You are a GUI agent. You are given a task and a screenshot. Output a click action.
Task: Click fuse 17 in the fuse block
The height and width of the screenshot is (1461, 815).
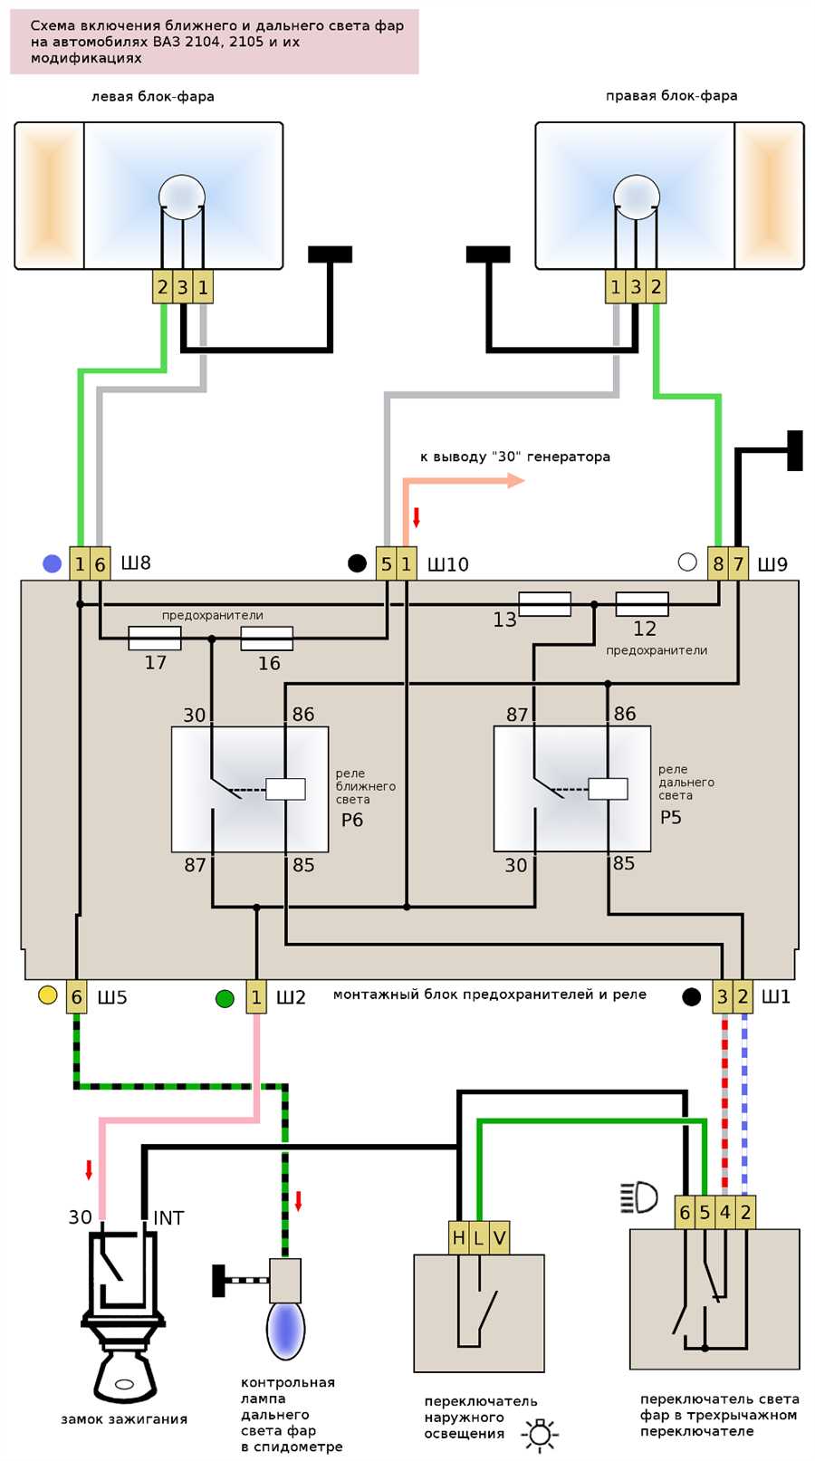pyautogui.click(x=155, y=639)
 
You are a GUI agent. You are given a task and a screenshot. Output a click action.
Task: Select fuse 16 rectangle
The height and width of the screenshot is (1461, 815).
pyautogui.click(x=266, y=639)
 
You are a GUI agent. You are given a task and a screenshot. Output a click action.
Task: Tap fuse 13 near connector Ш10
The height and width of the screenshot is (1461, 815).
pyautogui.click(x=544, y=604)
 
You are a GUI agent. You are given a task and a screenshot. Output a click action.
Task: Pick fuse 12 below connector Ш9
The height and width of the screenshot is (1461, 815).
pyautogui.click(x=642, y=604)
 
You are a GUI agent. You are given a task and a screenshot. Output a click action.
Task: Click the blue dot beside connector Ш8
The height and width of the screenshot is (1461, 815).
pyautogui.click(x=53, y=563)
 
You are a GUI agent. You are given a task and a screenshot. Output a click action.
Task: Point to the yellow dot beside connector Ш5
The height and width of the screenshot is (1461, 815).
pyautogui.click(x=48, y=995)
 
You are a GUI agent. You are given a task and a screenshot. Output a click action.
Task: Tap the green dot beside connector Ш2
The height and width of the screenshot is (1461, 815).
pyautogui.click(x=225, y=998)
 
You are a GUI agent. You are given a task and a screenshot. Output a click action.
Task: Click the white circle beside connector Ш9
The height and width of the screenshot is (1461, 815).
pyautogui.click(x=687, y=562)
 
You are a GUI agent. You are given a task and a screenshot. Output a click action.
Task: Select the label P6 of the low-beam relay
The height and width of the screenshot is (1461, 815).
pyautogui.click(x=352, y=820)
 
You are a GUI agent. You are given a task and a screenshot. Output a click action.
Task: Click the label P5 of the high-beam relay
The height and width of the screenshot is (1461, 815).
pyautogui.click(x=671, y=817)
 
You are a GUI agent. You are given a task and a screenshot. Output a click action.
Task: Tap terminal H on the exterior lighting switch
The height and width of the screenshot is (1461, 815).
pyautogui.click(x=459, y=1237)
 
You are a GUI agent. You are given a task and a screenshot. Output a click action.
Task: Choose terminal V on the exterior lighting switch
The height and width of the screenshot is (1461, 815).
pyautogui.click(x=500, y=1237)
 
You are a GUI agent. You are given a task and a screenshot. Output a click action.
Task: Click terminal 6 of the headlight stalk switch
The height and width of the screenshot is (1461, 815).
pyautogui.click(x=685, y=1213)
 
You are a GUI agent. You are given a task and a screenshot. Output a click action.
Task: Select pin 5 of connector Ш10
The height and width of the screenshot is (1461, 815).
pyautogui.click(x=387, y=563)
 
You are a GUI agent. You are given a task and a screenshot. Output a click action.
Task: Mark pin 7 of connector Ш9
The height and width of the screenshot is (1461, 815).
pyautogui.click(x=738, y=563)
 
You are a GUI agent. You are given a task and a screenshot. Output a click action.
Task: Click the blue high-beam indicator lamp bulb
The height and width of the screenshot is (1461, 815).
pyautogui.click(x=285, y=1330)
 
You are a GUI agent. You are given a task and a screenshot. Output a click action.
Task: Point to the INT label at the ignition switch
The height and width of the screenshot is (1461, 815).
pyautogui.click(x=168, y=1217)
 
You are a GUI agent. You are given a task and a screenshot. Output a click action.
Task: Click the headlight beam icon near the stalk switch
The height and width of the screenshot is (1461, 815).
pyautogui.click(x=638, y=1197)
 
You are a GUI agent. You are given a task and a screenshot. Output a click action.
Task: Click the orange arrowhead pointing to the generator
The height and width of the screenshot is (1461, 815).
pyautogui.click(x=516, y=481)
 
